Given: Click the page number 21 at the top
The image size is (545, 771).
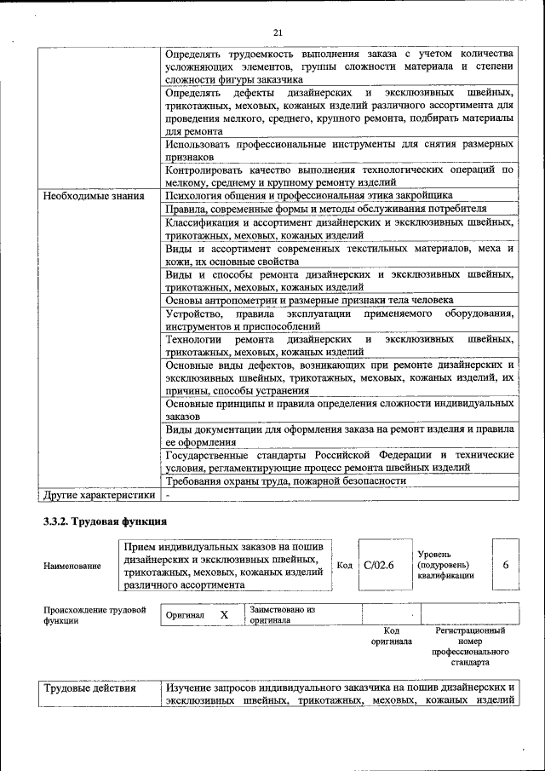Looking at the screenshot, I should (278, 32).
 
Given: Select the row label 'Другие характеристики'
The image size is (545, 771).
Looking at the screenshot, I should (100, 494).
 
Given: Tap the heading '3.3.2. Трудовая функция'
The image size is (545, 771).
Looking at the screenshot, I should (105, 521).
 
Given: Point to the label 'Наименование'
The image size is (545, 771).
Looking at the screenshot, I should (72, 566).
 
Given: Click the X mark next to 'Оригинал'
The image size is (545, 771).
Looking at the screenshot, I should (224, 615).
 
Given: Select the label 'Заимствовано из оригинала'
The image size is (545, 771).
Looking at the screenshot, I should (283, 615).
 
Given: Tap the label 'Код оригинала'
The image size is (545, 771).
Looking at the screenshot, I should (392, 636).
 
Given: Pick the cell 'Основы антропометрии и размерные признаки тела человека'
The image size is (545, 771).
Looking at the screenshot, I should (309, 300).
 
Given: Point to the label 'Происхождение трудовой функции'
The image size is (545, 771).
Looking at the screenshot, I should (95, 615).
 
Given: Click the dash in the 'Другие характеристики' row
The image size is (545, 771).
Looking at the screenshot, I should (169, 494).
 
